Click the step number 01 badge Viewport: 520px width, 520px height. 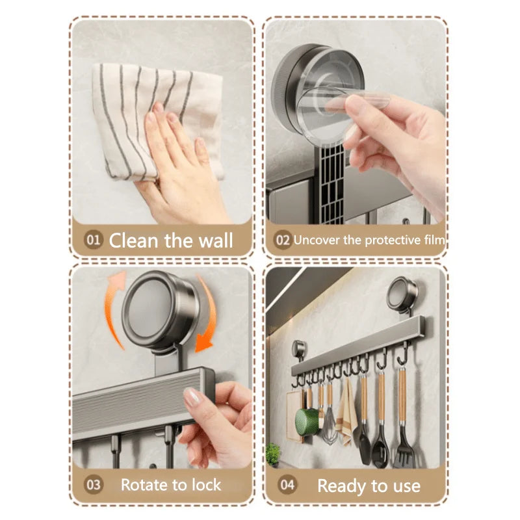[x=93, y=239]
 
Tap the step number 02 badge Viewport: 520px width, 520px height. [x=283, y=239]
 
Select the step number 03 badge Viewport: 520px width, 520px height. [x=93, y=484]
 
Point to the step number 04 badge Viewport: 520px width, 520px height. [x=287, y=484]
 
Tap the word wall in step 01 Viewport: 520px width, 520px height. [x=216, y=240]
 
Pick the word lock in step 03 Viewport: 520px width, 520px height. [x=207, y=484]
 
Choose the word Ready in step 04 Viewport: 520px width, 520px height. [x=343, y=486]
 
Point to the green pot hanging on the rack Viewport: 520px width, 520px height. [x=306, y=422]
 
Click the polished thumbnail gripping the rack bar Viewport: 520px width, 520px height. [x=191, y=397]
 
